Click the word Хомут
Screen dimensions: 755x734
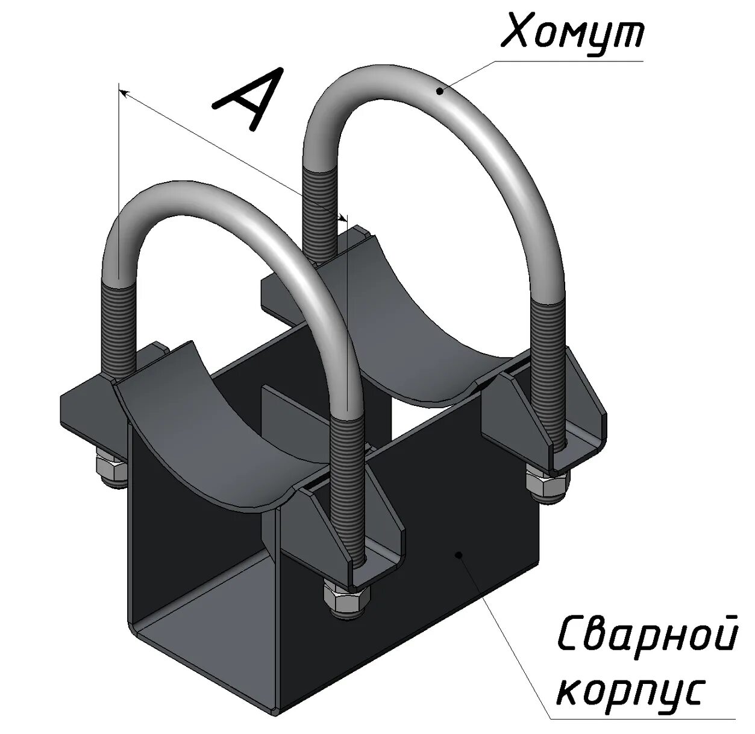572,33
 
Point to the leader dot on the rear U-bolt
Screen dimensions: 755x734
440,91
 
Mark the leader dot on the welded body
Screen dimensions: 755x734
459,554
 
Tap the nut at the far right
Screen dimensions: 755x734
545,482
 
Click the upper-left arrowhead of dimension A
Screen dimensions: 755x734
122,92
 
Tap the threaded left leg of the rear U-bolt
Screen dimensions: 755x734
319,211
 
